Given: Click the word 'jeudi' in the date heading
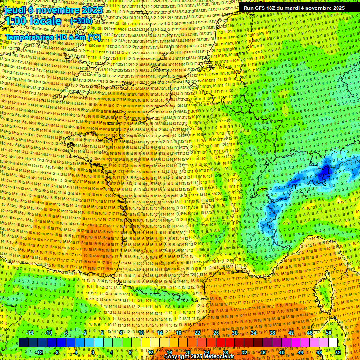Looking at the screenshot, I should pos(15,10).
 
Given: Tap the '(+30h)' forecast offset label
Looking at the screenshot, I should pos(81,21).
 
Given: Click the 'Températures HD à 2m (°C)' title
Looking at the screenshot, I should pos(52,37).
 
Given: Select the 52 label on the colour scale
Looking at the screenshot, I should pos(338,352).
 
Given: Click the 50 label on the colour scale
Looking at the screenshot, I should pos(329,333).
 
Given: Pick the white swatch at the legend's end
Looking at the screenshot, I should pos(333,343).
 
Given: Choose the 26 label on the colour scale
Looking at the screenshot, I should pos(216,333).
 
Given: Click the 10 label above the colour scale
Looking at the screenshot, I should pos(141,333).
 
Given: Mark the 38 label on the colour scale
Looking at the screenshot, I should pos(272,333).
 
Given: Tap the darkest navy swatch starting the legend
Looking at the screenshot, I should pos(23,343).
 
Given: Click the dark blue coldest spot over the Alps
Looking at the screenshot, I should pos(324,173).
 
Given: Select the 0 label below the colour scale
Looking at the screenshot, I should pos(94,352).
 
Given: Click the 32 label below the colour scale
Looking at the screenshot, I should pos(244,352).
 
